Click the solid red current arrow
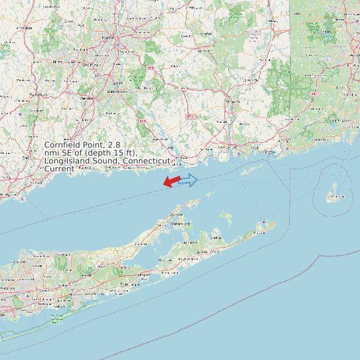pyautogui.click(x=171, y=181)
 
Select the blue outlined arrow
pyautogui.click(x=188, y=179)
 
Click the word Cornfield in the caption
pyautogui.click(x=64, y=145)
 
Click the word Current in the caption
pyautogui.click(x=58, y=169)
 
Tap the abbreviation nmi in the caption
pyautogui.click(x=52, y=153)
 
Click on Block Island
pyautogui.click(x=334, y=194)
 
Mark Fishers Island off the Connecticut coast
pyautogui.click(x=251, y=171)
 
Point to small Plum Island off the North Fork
pyautogui.click(x=210, y=195)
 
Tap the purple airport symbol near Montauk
pyautogui.click(x=265, y=222)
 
